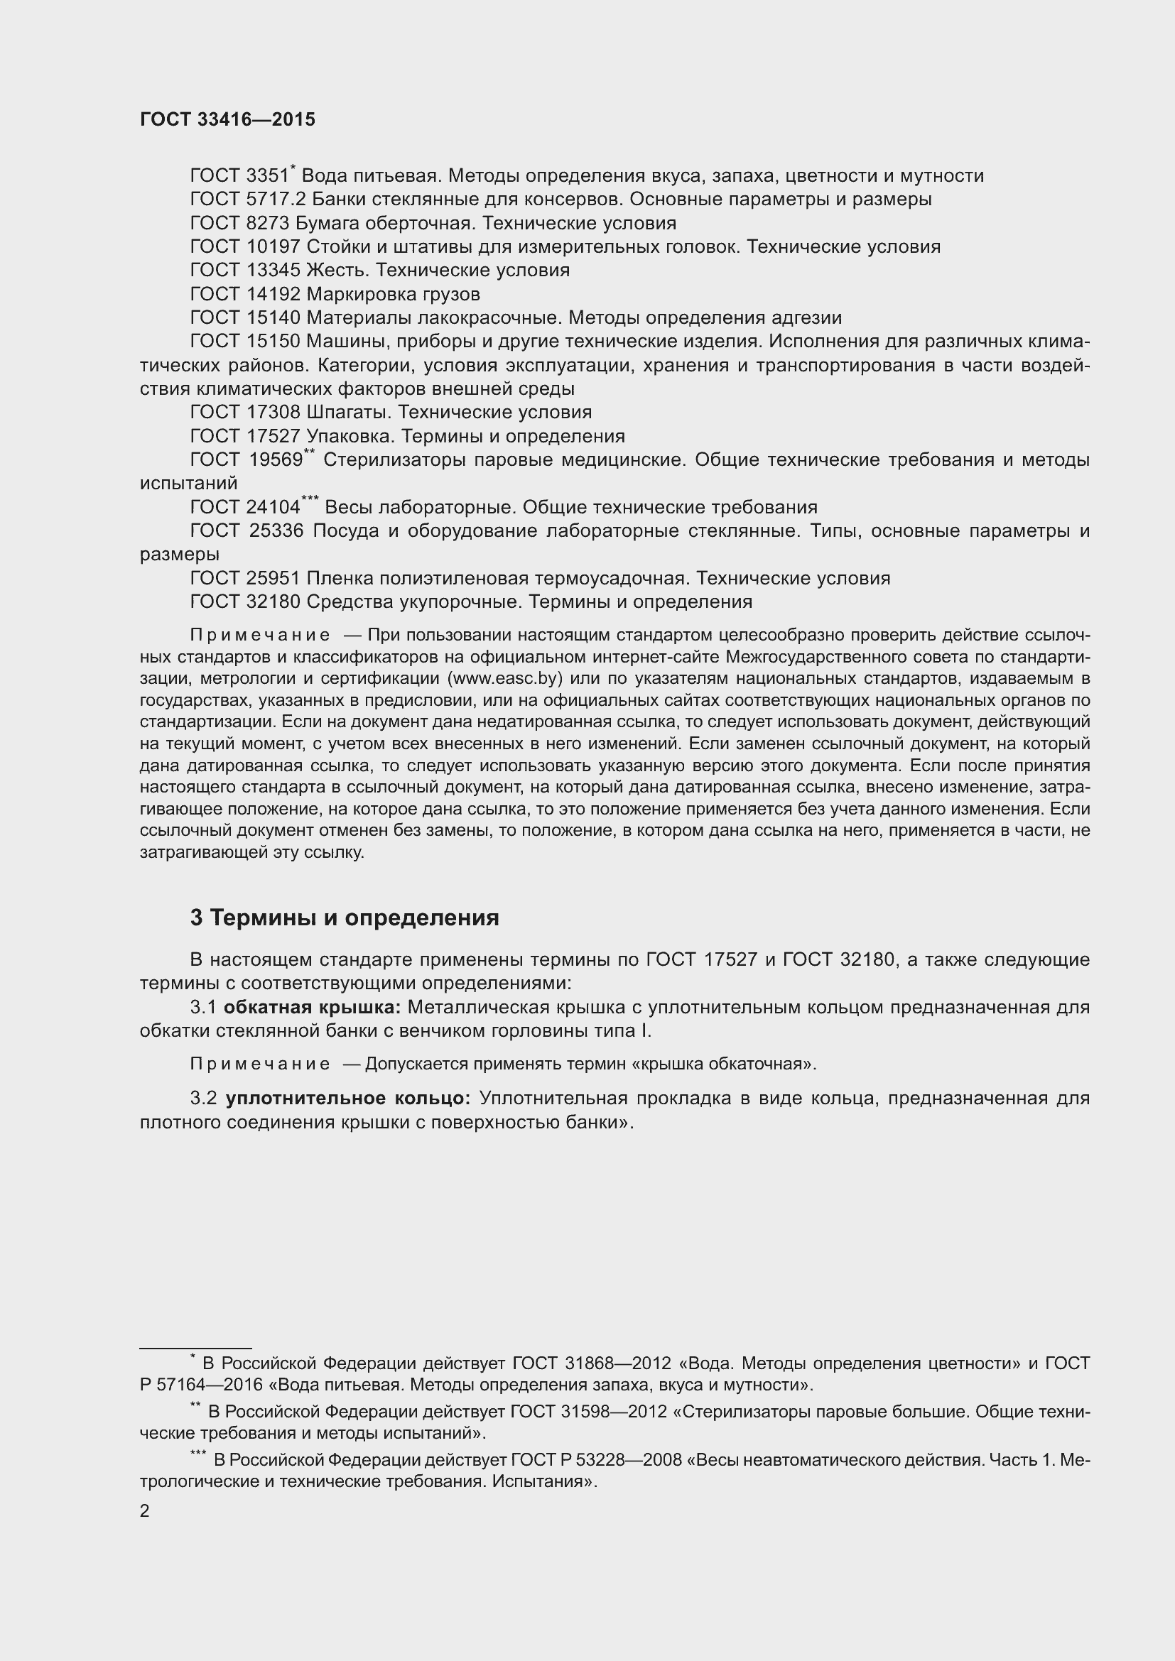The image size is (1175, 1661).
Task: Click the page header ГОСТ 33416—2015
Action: [227, 119]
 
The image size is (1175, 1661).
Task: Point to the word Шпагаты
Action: [350, 413]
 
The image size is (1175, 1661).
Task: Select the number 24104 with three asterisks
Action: [273, 507]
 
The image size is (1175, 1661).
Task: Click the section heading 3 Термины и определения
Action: [345, 918]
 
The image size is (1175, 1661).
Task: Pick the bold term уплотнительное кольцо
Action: [348, 1099]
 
